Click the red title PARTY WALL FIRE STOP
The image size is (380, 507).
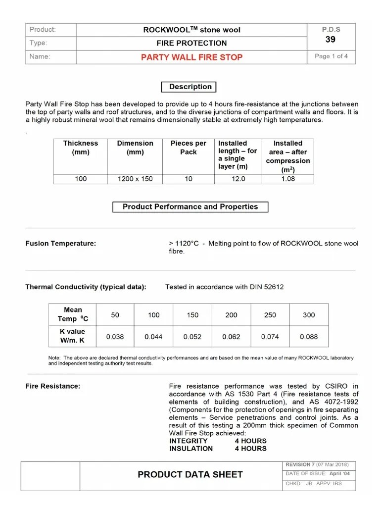click(191, 57)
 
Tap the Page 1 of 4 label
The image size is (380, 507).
click(331, 56)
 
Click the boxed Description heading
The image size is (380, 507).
click(190, 87)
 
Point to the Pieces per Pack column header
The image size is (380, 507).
click(188, 148)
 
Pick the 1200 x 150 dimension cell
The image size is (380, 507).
click(135, 179)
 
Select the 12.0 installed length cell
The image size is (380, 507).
click(238, 179)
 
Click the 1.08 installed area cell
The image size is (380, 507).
click(287, 179)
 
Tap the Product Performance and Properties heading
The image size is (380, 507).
click(190, 207)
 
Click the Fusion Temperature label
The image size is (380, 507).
click(61, 244)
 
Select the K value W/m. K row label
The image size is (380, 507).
click(73, 336)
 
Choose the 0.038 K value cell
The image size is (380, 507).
click(115, 337)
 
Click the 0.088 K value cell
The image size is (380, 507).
click(309, 337)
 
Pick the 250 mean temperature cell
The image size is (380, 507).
click(270, 315)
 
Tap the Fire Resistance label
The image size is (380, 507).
click(52, 386)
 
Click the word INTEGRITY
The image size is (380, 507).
click(189, 441)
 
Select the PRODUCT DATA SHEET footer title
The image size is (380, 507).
click(190, 475)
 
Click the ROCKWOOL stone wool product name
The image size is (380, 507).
click(191, 30)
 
